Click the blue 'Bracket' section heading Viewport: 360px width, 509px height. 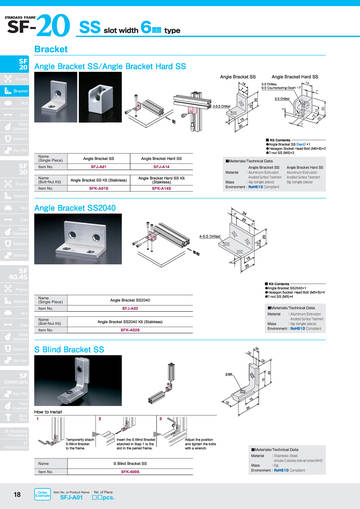point(51,49)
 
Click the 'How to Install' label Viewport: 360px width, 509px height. point(54,411)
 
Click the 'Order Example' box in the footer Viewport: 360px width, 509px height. point(42,494)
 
